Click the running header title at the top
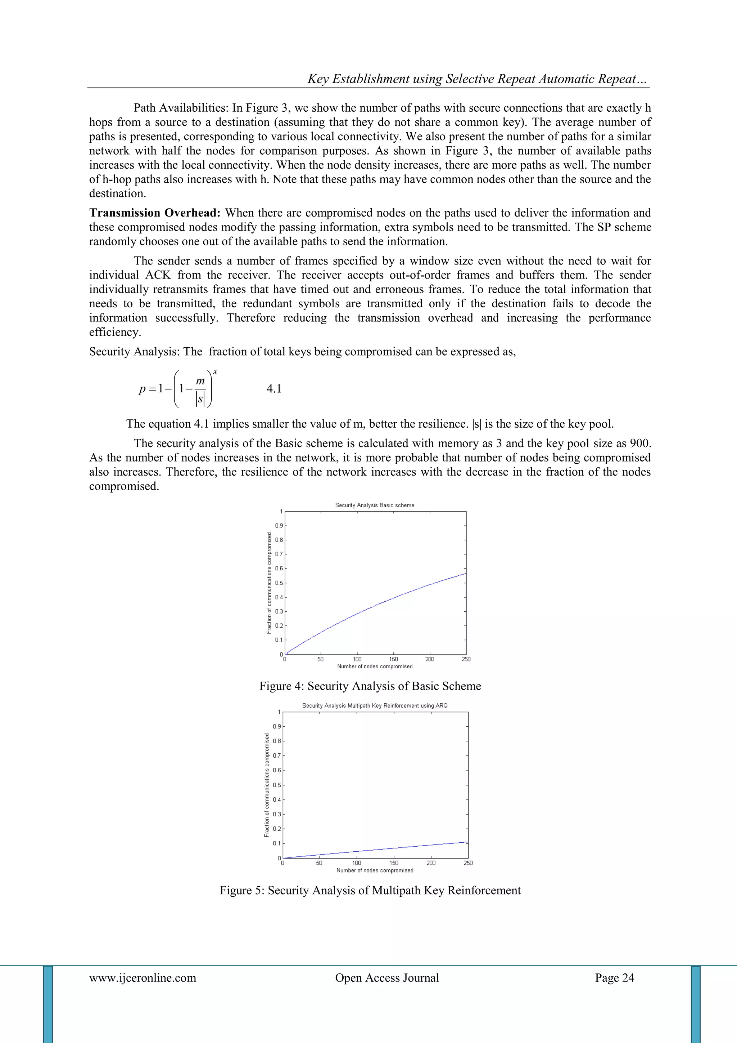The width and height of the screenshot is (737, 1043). pyautogui.click(x=478, y=79)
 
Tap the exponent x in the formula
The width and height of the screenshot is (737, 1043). pyautogui.click(x=215, y=371)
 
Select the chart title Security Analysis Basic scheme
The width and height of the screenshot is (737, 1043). pyautogui.click(x=374, y=505)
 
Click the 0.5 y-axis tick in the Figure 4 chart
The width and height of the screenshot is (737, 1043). pyautogui.click(x=279, y=583)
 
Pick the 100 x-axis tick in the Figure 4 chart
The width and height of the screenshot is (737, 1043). pyautogui.click(x=357, y=659)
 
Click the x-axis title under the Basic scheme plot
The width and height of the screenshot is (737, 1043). pyautogui.click(x=375, y=667)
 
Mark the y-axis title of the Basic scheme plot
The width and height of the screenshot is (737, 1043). pyautogui.click(x=269, y=583)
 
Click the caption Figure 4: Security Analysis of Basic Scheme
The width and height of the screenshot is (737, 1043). pyautogui.click(x=370, y=686)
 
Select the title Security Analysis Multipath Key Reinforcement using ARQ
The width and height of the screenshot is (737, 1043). pyautogui.click(x=375, y=705)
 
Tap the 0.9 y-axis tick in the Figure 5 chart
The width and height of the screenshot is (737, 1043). pyautogui.click(x=276, y=727)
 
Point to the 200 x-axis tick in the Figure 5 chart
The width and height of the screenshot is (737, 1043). pyautogui.click(x=431, y=863)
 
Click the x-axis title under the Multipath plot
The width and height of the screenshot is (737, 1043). pyautogui.click(x=375, y=870)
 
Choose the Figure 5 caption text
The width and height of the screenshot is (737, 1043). pyautogui.click(x=370, y=890)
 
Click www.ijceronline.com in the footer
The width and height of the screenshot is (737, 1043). pyautogui.click(x=143, y=977)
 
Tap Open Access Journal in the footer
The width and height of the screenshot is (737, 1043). pyautogui.click(x=386, y=977)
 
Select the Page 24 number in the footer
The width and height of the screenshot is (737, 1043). pyautogui.click(x=615, y=977)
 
